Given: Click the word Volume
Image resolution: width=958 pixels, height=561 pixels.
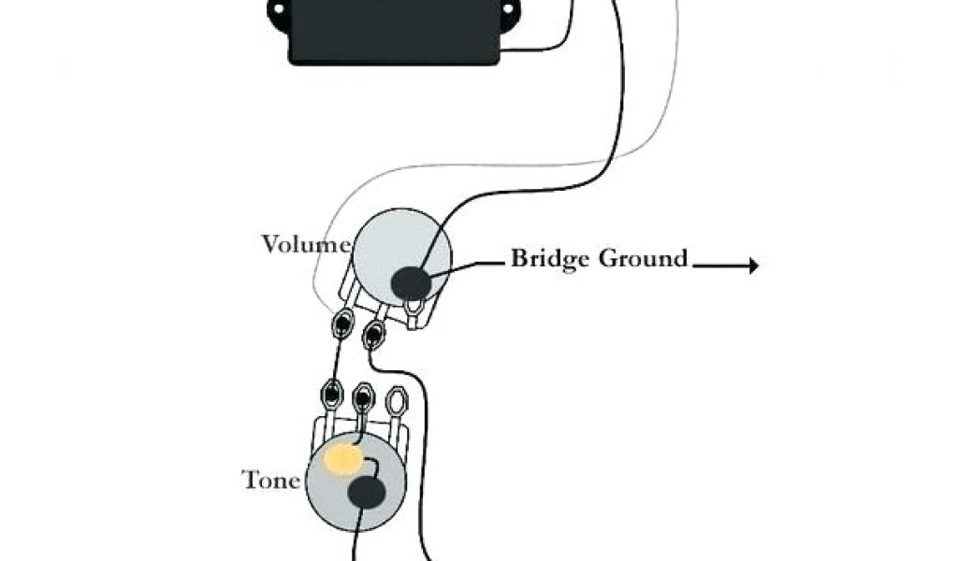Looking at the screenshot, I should tap(306, 245).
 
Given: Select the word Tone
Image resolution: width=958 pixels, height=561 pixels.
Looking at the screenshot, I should tap(271, 481).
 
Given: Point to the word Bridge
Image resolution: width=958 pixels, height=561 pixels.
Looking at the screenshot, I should tap(550, 258).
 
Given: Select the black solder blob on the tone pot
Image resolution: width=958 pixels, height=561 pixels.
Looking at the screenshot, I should tap(366, 493).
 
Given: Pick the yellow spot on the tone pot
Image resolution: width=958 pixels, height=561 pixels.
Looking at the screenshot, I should tap(343, 458).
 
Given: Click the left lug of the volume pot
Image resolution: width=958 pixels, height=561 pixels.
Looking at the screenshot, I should tap(343, 324).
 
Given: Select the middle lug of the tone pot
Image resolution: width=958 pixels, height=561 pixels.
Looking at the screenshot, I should tap(363, 398).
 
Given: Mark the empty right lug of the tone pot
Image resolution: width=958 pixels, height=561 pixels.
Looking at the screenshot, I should tap(398, 401).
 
